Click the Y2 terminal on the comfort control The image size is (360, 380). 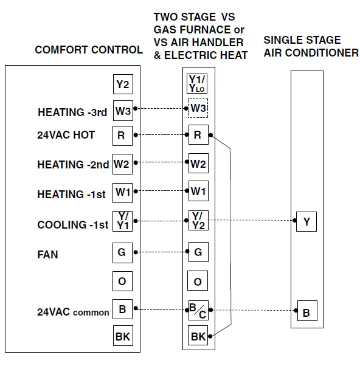point(122,84)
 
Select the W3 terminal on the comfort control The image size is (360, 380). point(122,111)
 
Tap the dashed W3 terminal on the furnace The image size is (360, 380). point(198,109)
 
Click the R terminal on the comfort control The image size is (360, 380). point(122,136)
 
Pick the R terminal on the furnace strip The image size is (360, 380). point(198,135)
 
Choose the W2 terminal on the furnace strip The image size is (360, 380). point(198,163)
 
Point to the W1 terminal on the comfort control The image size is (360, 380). point(122,192)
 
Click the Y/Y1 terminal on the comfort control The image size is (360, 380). point(122,221)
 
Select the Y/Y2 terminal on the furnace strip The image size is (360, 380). point(198,221)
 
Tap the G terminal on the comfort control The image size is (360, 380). point(122,251)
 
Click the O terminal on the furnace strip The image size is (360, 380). point(198,282)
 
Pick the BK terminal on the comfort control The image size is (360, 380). point(122,336)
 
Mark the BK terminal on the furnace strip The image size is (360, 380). point(198,336)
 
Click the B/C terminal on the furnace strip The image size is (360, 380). point(198,310)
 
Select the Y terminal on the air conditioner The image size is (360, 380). point(306,222)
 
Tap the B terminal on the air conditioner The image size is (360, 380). point(306,313)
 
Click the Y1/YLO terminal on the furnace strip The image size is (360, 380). point(198,83)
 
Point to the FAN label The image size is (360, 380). point(48,254)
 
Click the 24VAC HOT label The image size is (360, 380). point(66,135)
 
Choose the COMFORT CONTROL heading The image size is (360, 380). point(88,50)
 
